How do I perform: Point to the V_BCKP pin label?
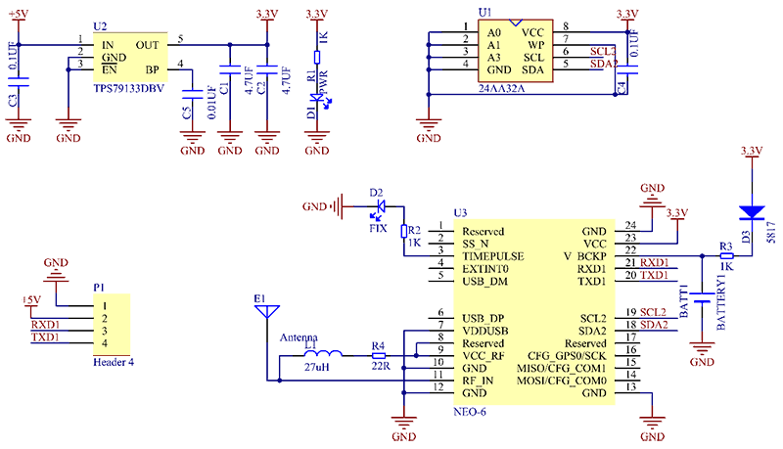tap(584, 256)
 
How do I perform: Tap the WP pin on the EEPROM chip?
tap(534, 44)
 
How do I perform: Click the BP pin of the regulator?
tap(153, 69)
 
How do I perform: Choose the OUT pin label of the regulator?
tap(148, 44)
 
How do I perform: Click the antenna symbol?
tap(265, 312)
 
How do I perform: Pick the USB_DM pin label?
tap(485, 281)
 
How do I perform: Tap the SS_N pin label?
tap(476, 244)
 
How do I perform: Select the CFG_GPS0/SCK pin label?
tap(567, 356)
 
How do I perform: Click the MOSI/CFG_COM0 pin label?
tap(567, 381)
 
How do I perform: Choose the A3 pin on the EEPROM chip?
tap(496, 57)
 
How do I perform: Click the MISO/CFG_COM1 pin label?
tap(567, 368)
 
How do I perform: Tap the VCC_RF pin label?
tap(483, 356)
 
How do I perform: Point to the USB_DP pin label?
tap(484, 319)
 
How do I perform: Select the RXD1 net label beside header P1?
tap(46, 324)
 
